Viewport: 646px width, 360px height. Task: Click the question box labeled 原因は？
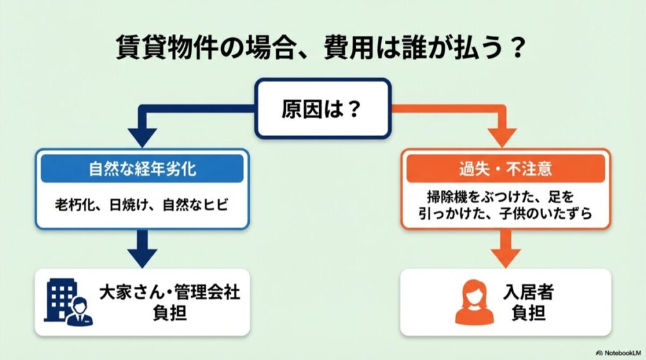coord(322,108)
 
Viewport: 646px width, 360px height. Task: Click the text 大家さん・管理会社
coord(170,293)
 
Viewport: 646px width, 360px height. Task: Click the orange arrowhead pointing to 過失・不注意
coord(505,135)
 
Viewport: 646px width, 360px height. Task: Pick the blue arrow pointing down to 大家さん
coord(143,249)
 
